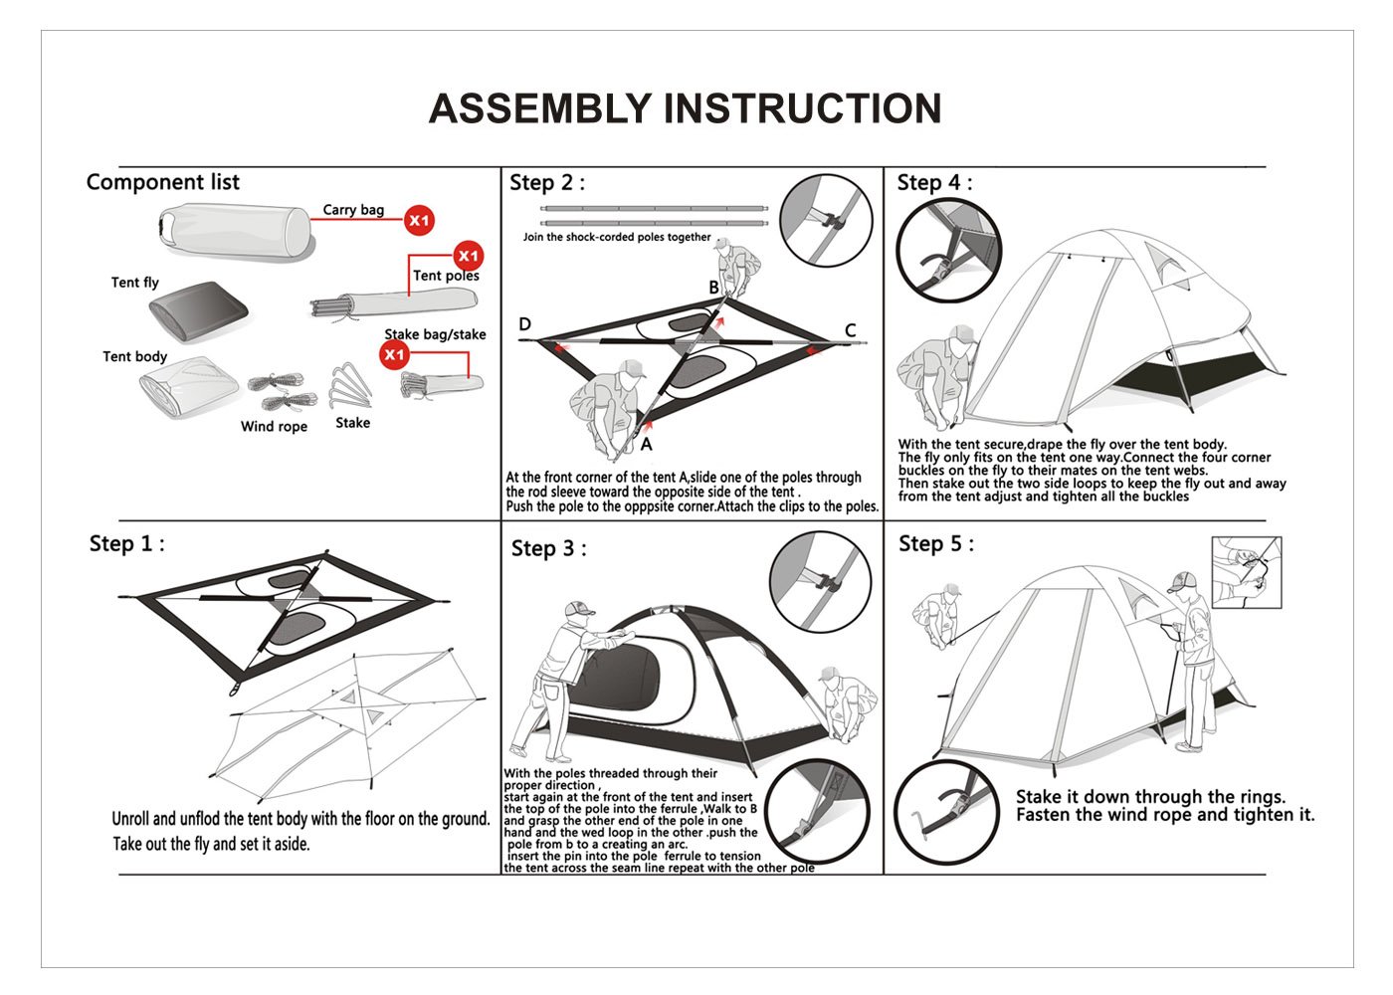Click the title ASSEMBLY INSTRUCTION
(685, 108)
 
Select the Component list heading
(163, 182)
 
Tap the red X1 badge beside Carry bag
(419, 220)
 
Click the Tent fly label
(134, 283)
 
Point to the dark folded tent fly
(198, 310)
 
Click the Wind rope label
(274, 427)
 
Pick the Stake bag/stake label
(435, 334)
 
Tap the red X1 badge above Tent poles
(468, 256)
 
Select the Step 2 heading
(546, 183)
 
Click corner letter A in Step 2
(646, 445)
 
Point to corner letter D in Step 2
(525, 324)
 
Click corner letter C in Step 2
(850, 330)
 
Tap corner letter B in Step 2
(713, 288)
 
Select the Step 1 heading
(126, 543)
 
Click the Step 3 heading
(548, 549)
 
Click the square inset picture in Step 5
(1246, 572)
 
